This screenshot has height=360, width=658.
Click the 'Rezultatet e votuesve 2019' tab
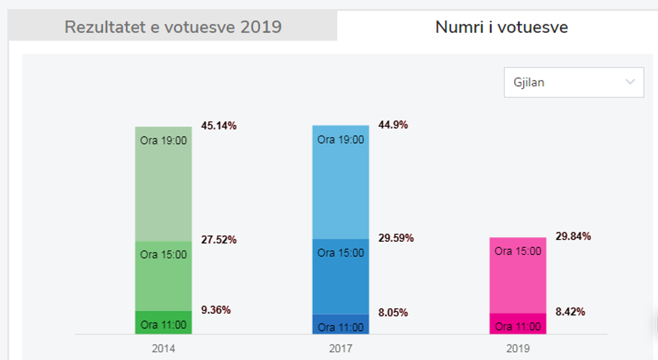pos(173,27)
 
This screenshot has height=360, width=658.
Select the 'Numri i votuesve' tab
pos(502,27)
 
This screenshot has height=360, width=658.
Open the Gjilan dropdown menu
pos(568,83)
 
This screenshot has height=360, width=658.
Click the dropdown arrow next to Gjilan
pos(630,82)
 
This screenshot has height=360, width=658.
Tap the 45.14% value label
pos(219,126)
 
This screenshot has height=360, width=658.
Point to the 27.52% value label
pos(219,240)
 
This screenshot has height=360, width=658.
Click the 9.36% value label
pos(216,310)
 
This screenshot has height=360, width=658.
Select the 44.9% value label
pos(393,125)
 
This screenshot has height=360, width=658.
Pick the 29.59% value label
pos(396,238)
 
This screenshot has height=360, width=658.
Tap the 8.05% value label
pos(393,312)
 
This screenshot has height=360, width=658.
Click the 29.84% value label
pos(573,236)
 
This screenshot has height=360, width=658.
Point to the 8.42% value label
pos(571,312)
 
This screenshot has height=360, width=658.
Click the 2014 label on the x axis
pos(164,349)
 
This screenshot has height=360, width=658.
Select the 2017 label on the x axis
pos(340,349)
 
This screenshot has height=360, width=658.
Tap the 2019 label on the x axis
pos(518,349)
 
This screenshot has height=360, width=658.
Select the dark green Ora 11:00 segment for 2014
pos(163,323)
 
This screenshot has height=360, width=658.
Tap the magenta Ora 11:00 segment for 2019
pos(518,324)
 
